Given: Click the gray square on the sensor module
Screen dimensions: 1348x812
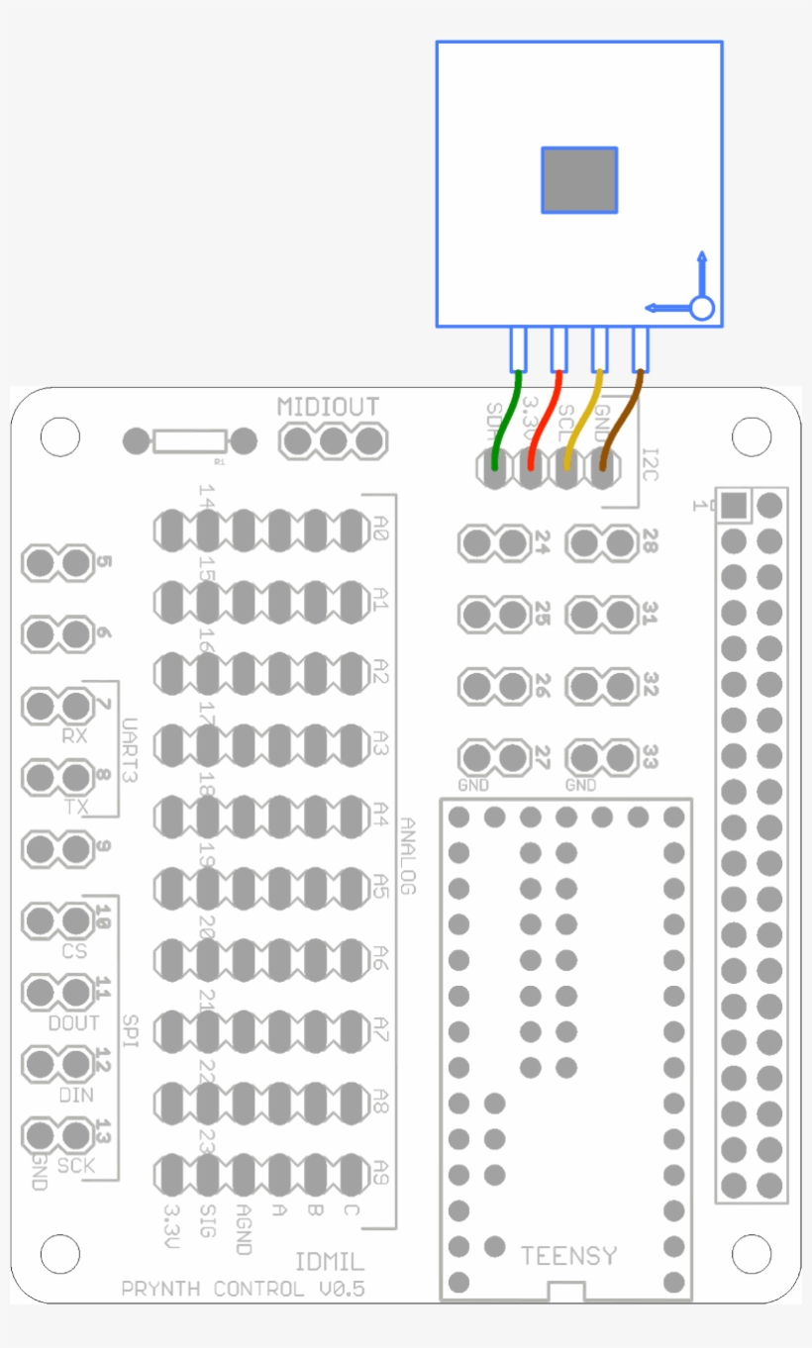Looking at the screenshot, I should click(579, 180).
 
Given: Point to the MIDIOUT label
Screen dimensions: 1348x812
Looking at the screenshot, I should click(328, 407).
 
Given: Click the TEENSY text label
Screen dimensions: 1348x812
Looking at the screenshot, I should click(568, 1256).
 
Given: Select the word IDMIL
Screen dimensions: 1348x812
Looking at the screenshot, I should click(330, 1262).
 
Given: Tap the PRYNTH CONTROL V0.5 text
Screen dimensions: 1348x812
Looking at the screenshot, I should click(243, 1289).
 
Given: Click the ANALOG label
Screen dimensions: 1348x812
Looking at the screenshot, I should click(408, 856).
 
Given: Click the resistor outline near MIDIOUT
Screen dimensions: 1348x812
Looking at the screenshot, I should click(190, 441).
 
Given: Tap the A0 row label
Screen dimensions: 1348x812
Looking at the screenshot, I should click(381, 531).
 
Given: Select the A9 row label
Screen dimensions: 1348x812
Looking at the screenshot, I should click(381, 1173).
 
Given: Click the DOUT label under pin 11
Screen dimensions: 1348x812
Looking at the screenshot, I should click(73, 1022).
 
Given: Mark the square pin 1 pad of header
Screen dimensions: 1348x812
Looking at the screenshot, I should click(733, 506).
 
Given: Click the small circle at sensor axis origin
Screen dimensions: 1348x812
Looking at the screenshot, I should click(701, 308).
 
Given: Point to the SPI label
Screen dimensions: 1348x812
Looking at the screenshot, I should click(130, 1030).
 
